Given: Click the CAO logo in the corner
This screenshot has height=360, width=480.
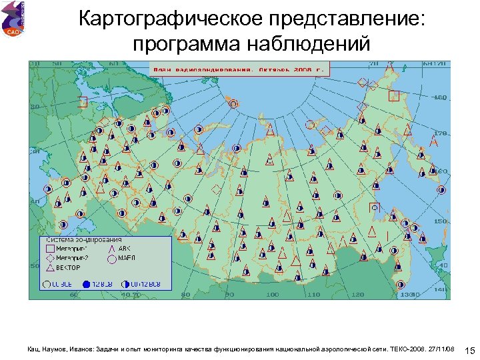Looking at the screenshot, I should coord(13,20).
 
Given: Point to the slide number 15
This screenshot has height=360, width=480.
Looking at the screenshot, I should coord(469,351).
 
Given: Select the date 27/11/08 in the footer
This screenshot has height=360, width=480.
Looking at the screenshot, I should coord(442,349).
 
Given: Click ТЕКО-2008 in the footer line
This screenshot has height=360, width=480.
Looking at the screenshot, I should coord(407,349).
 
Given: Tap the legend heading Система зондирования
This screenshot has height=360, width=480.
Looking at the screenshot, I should coord(83,239).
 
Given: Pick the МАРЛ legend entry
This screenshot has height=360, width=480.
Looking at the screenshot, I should coord(127,257).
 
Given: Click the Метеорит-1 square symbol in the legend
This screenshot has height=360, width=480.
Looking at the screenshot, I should coord(49,248).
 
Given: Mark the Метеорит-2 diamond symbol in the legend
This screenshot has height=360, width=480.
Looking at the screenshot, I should coord(49,257).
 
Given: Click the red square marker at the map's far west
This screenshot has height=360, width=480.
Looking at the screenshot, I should coord(83,102).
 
